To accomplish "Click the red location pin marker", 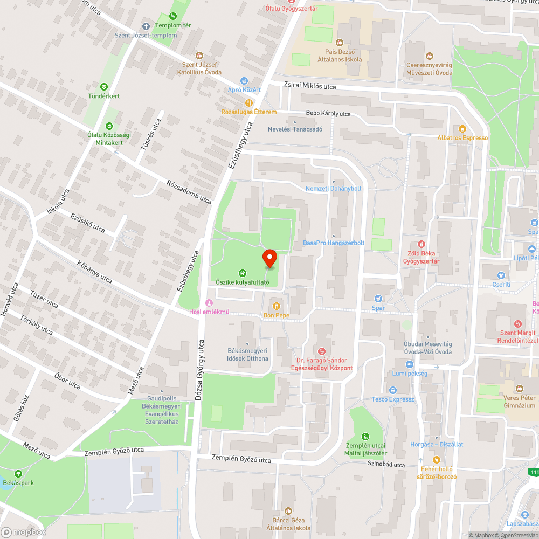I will click(x=269, y=258).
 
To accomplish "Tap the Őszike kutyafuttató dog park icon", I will click(x=242, y=273).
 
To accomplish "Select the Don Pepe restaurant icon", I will click(x=276, y=306).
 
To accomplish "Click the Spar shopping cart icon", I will click(x=378, y=298).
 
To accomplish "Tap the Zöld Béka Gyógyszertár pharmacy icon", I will click(x=421, y=244).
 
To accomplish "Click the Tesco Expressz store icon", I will click(x=392, y=390).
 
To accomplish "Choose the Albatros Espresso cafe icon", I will click(x=462, y=129).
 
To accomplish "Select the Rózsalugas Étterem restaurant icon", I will click(x=248, y=103).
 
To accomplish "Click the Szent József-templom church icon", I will click(x=146, y=26).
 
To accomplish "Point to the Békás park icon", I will click(x=19, y=474).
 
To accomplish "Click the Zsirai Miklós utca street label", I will click(x=310, y=86).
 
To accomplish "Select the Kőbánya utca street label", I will click(x=94, y=272).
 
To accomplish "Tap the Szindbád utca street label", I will click(x=386, y=464).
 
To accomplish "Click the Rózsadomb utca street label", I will click(x=189, y=191).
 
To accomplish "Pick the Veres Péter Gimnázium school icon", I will click(x=520, y=389).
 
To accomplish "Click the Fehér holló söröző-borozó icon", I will click(x=436, y=460).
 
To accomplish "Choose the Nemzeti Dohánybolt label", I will click(x=333, y=188).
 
